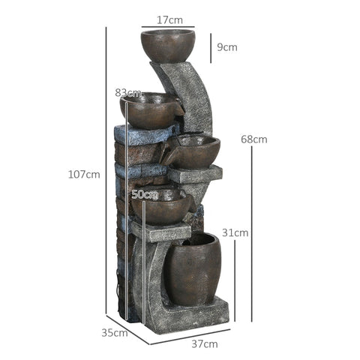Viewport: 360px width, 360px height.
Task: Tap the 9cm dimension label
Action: pyautogui.click(x=226, y=47)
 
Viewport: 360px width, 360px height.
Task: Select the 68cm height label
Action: pyautogui.click(x=253, y=139)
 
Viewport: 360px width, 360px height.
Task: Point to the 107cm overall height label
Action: pyautogui.click(x=84, y=175)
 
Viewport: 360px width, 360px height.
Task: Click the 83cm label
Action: pyautogui.click(x=128, y=92)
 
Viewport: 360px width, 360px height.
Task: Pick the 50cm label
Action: pyautogui.click(x=145, y=194)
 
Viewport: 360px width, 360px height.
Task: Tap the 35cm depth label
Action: pyautogui.click(x=115, y=332)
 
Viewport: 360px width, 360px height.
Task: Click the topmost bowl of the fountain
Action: pyautogui.click(x=167, y=44)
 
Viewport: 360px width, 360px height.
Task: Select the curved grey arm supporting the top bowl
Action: pyautogui.click(x=190, y=94)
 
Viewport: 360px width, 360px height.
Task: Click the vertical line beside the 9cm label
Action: pyautogui.click(x=211, y=47)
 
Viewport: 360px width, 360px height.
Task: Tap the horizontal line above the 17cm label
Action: pyautogui.click(x=167, y=26)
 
